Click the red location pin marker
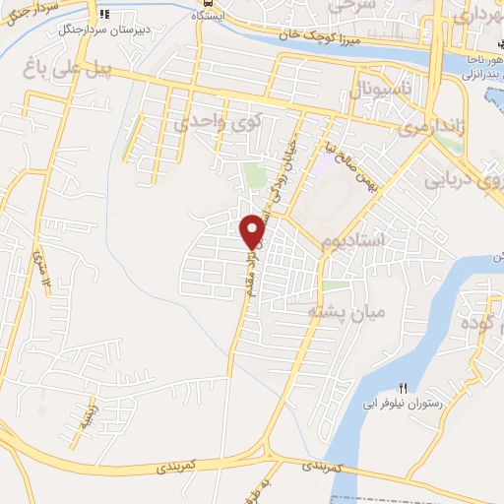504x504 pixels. (x=253, y=230)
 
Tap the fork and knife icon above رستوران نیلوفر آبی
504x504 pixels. (x=402, y=387)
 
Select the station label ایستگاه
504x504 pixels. (x=208, y=17)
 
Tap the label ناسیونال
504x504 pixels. (x=371, y=94)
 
